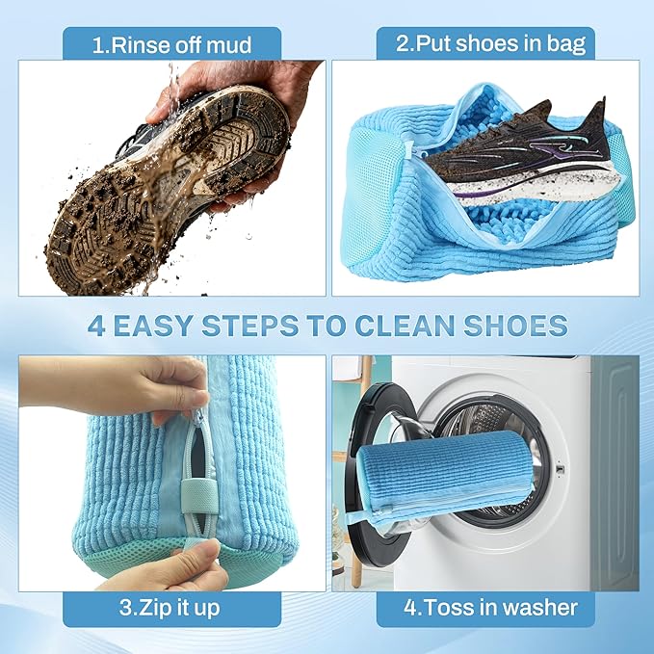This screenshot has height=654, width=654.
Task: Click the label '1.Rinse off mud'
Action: click(171, 43)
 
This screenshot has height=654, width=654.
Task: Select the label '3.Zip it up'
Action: click(171, 608)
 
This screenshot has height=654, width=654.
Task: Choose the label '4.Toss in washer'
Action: click(491, 608)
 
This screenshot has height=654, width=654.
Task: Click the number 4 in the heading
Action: click(96, 326)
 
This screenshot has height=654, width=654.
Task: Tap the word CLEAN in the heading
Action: click(405, 326)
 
